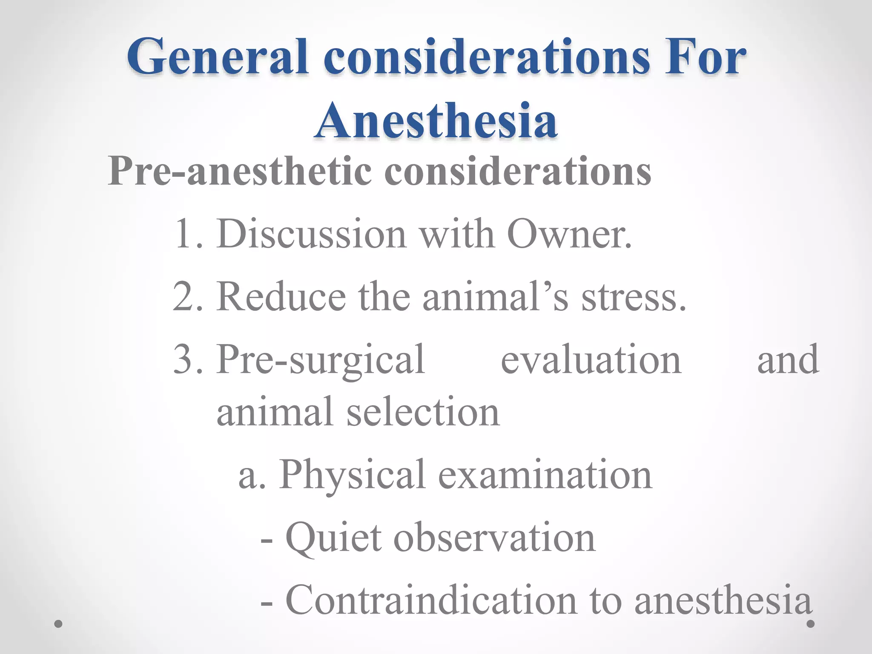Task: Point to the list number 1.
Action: point(187,234)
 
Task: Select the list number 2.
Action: point(187,297)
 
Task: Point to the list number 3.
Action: point(187,360)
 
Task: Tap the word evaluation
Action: point(591,360)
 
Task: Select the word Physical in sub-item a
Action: point(352,475)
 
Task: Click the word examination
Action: point(545,475)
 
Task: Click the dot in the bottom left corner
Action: point(59,624)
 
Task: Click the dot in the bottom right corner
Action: point(811,624)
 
